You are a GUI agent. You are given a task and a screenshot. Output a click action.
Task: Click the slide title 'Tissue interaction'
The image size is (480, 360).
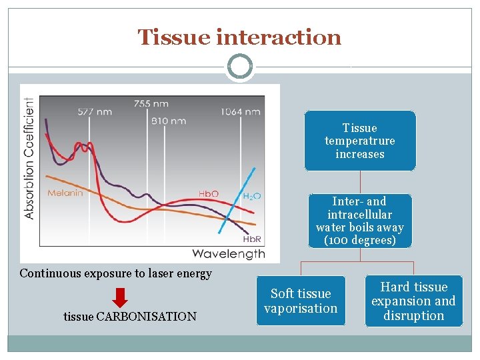(x=239, y=37)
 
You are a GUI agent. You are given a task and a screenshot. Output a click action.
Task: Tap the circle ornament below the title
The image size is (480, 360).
(x=239, y=67)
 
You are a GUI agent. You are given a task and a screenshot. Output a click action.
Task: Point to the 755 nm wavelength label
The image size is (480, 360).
(x=151, y=103)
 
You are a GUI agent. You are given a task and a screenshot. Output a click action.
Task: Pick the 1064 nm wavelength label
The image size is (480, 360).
(x=241, y=111)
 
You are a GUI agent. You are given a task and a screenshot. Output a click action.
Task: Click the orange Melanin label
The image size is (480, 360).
(x=65, y=193)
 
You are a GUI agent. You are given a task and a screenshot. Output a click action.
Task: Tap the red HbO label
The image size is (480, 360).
(x=208, y=194)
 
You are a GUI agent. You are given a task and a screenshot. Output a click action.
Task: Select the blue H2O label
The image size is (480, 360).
(x=251, y=196)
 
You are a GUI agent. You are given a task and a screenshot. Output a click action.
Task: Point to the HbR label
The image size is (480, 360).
(x=251, y=239)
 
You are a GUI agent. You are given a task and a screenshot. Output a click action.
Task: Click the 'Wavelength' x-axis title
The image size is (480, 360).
(x=228, y=253)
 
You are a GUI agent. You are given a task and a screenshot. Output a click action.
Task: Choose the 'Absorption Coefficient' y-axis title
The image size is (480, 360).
(x=29, y=159)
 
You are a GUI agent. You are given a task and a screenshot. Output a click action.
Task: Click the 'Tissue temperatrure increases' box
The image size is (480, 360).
(x=360, y=141)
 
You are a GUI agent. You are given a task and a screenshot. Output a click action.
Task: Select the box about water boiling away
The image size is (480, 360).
(x=360, y=221)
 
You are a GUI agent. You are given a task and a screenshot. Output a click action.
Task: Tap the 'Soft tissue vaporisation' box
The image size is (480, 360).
(x=301, y=301)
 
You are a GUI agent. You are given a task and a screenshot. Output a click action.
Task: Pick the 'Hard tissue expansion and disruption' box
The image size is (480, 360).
(x=413, y=301)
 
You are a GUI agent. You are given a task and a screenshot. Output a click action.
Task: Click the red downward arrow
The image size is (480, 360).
(x=120, y=296)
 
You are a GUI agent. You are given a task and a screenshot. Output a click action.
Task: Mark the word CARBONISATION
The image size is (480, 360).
(x=147, y=317)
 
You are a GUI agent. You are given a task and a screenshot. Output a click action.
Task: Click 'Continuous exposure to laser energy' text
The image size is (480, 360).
(x=116, y=273)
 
